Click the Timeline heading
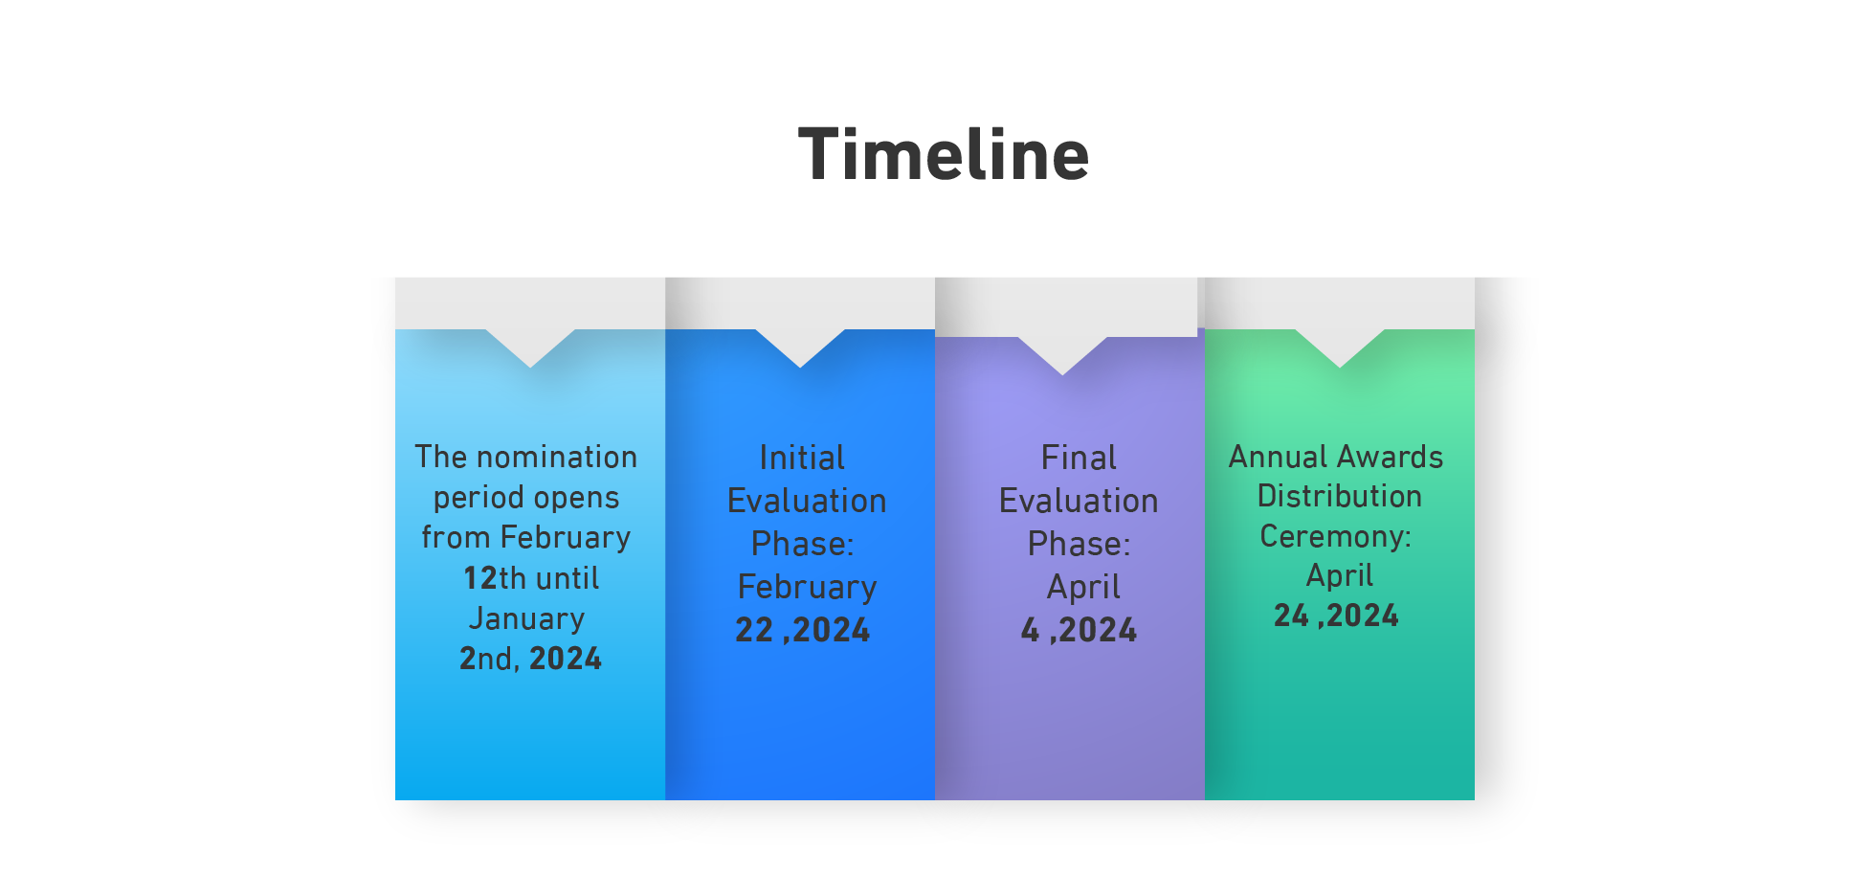click(x=944, y=154)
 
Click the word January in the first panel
click(x=526, y=618)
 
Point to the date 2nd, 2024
click(x=530, y=659)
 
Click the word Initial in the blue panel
click(x=802, y=458)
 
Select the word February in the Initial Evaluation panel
click(x=807, y=587)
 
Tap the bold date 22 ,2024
click(x=802, y=630)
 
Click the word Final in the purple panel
click(x=1079, y=458)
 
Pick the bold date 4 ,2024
click(x=1079, y=630)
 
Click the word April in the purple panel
click(x=1083, y=587)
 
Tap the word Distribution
click(x=1339, y=496)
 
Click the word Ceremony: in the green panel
click(x=1335, y=536)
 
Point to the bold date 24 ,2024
click(x=1336, y=615)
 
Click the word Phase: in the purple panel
click(x=1079, y=544)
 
